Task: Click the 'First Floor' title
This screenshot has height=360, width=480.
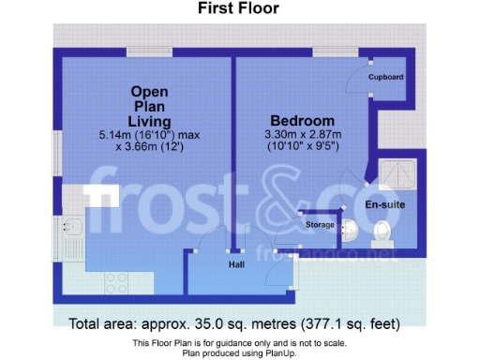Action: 238,9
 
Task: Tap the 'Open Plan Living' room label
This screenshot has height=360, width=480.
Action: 150,106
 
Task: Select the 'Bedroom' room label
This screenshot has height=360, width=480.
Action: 302,121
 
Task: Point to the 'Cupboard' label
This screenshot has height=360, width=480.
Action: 385,77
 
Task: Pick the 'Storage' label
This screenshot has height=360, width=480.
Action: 319,225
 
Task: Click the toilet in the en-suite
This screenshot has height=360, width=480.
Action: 382,231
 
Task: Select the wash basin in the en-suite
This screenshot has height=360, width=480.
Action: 349,228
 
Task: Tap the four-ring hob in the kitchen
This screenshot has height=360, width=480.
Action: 116,280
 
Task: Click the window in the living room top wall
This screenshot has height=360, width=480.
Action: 149,52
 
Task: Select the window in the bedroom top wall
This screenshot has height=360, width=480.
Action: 330,52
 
